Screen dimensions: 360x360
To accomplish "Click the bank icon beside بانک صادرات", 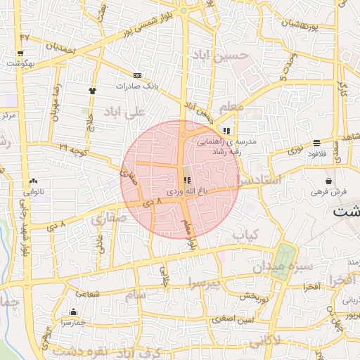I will point(136,75).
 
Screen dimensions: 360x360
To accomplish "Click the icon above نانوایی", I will point(34,181).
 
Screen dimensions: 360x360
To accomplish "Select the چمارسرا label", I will point(72,322).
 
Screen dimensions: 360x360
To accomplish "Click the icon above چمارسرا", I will point(73,312).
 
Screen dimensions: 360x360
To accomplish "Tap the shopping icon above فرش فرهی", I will point(329,181).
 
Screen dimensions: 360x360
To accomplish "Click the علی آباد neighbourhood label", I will point(124,112).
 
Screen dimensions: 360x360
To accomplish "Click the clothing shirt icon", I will point(91,91).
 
